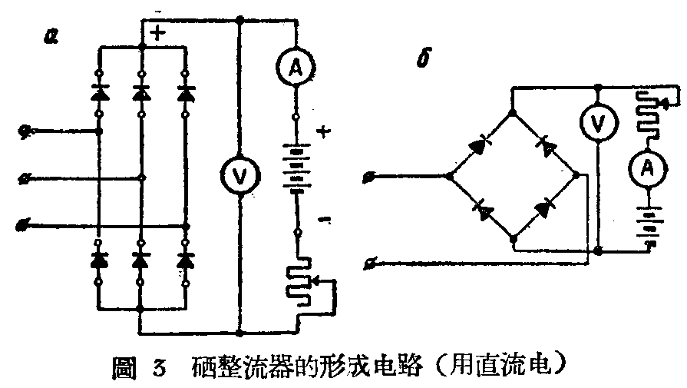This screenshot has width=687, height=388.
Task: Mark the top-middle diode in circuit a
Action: [x=141, y=94]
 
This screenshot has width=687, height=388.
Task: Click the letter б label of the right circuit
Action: [x=421, y=59]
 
